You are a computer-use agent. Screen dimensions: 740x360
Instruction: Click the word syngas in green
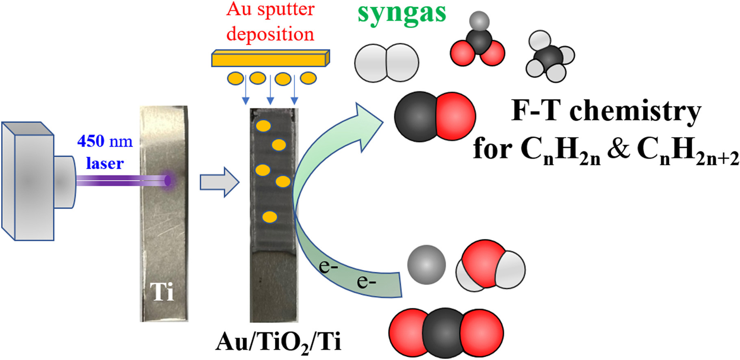[401, 14]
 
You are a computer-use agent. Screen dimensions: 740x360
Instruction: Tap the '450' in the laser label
[91, 141]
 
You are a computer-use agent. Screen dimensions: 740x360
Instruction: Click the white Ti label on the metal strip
[162, 291]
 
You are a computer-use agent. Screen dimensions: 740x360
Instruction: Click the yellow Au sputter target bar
[271, 58]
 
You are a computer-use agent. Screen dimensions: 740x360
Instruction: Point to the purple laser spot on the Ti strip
[168, 180]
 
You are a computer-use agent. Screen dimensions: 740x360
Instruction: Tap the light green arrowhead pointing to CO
[368, 126]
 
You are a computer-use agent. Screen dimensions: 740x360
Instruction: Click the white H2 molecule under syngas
[386, 63]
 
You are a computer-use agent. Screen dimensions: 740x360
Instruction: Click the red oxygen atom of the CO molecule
[456, 116]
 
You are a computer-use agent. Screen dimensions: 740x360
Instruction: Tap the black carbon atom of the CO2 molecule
[446, 333]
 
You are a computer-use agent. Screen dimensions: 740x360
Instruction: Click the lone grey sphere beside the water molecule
[427, 265]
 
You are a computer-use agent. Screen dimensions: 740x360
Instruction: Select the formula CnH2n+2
[688, 151]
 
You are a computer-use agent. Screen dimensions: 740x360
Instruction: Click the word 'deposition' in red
[270, 34]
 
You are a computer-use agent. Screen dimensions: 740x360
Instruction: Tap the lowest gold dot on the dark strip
[269, 217]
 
